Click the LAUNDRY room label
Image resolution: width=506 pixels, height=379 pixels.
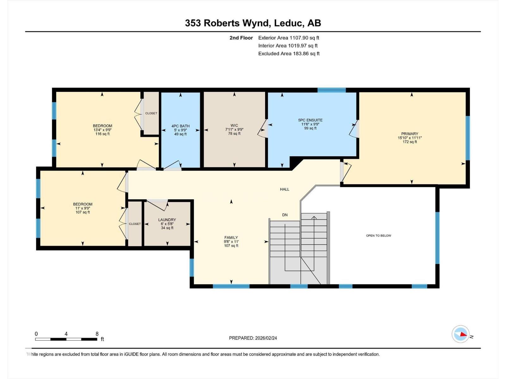point(167,220)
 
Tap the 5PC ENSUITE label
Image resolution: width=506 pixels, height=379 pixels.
point(310,120)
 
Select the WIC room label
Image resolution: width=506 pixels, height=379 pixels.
point(234,125)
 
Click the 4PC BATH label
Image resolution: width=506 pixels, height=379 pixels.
point(180,126)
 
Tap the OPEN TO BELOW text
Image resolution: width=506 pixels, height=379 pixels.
point(379,236)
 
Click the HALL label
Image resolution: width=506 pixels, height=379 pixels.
point(285,189)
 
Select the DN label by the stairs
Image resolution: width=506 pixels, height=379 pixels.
point(285,215)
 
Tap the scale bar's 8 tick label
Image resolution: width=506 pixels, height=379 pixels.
point(97,334)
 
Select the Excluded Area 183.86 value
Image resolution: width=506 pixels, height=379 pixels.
point(300,53)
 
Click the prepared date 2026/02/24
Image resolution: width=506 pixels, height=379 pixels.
point(266,338)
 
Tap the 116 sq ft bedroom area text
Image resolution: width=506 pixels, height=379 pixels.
point(102,134)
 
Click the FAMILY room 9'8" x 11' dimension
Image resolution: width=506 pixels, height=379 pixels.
point(231,242)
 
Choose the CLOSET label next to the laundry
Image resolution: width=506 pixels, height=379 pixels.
point(135,224)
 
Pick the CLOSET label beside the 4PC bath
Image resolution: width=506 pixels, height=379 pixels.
point(151,113)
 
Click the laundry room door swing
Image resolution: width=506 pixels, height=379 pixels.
point(157,205)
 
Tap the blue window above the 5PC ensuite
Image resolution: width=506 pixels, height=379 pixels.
point(331,90)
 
